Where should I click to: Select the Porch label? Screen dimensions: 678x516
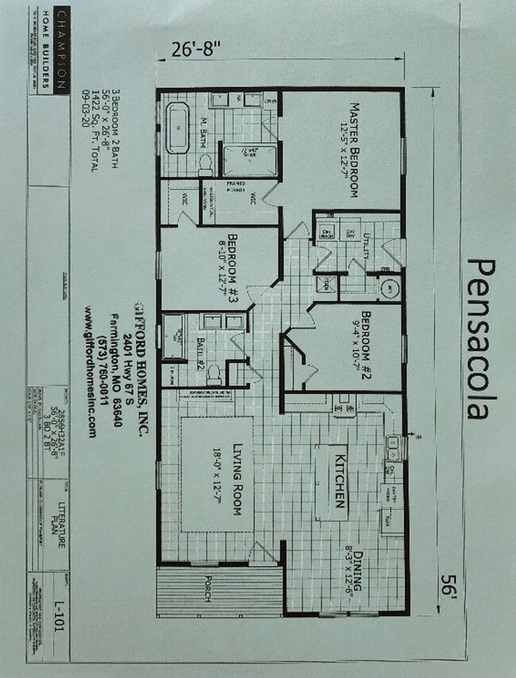click(208, 587)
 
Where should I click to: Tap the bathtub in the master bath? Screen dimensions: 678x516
click(177, 127)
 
